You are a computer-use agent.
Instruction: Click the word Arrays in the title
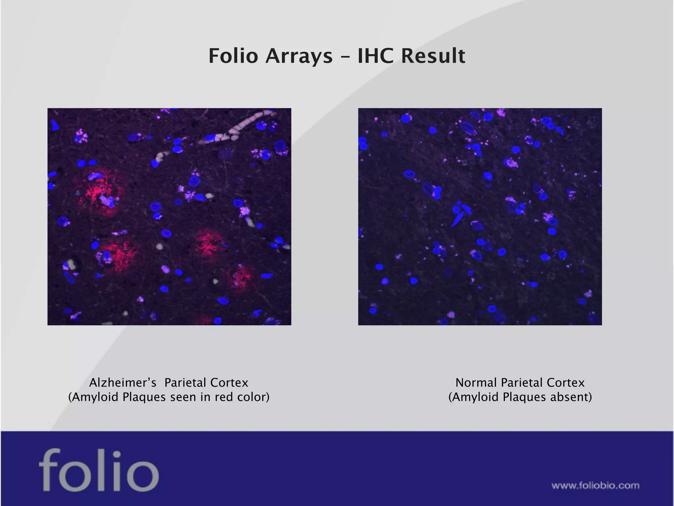coord(299,56)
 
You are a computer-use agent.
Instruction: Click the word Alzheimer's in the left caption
coord(122,383)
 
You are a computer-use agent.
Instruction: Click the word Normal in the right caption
coord(476,383)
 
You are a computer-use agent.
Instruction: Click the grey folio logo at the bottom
coord(99,470)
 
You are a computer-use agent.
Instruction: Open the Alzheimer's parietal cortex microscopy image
coord(169,216)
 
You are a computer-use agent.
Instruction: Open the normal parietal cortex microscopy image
coord(480,216)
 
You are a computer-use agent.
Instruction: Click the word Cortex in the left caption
coord(229,383)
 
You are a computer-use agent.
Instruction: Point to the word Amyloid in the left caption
coord(95,397)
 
